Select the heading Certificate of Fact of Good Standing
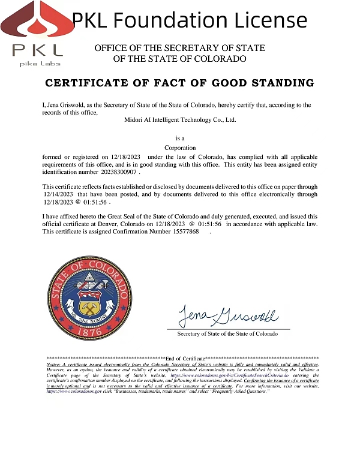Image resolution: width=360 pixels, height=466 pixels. tap(180, 83)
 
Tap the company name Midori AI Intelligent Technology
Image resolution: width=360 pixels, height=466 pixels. tap(180, 119)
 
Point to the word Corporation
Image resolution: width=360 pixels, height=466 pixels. tap(180, 148)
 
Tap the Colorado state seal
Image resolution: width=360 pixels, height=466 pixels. tap(89, 298)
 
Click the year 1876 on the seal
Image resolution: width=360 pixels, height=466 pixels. tap(89, 332)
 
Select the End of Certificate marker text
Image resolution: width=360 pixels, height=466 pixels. tap(184, 358)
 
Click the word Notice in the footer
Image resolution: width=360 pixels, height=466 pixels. tap(54, 365)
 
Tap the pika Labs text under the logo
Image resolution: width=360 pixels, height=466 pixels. tap(37, 64)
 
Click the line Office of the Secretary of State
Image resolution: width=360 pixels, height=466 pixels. tap(179, 48)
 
